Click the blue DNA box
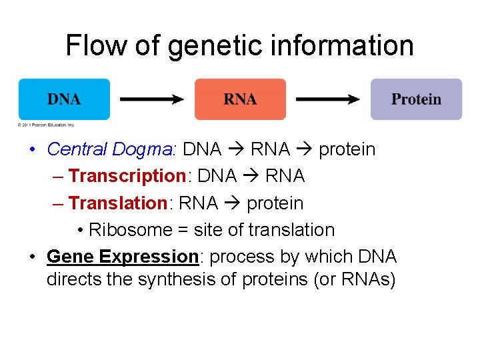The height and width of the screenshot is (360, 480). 64,99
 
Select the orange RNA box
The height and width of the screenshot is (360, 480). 240,99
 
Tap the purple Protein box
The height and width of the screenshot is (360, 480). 416,99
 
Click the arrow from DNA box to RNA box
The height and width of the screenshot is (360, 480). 152,99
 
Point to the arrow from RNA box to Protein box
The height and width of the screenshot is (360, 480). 328,99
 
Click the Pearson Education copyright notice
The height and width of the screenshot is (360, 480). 47,125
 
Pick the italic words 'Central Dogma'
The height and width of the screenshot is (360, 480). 110,149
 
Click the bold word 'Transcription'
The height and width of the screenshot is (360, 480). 127,176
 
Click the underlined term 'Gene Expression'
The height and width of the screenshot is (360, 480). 123,257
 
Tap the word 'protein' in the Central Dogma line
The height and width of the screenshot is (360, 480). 347,149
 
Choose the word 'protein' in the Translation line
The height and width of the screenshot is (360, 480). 275,203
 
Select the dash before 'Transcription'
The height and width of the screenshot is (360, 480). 57,176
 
